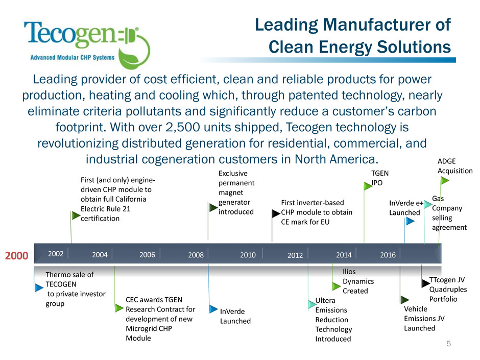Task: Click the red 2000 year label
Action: point(16,255)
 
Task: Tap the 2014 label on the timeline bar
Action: point(344,255)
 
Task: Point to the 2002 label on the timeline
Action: point(56,254)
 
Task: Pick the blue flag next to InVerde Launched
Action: point(213,308)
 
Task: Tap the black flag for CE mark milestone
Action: point(276,213)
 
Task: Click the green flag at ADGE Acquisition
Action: point(444,181)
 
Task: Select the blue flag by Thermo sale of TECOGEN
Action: point(39,287)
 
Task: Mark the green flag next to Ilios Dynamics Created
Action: point(337,286)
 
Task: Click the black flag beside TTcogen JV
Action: point(425,283)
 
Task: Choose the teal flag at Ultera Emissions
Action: point(312,304)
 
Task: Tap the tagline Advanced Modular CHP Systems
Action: point(72,57)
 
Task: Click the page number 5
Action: point(448,344)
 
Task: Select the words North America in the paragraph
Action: point(335,159)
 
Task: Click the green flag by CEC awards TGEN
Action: point(119,307)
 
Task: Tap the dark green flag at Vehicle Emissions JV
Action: point(405,299)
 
